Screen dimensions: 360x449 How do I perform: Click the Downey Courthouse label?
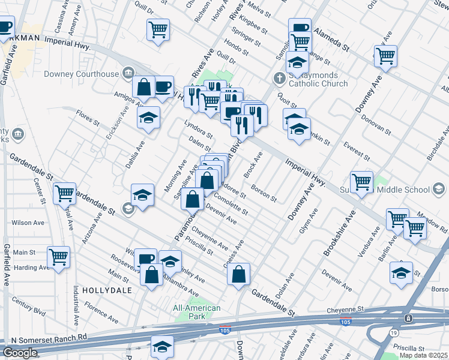point(82,74)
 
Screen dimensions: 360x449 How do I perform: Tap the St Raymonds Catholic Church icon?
point(279,78)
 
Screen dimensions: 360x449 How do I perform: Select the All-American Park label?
point(196,312)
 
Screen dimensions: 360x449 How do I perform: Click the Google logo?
point(20,353)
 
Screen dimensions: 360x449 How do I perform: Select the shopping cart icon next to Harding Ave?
point(59,257)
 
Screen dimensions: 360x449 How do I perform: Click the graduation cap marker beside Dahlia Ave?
point(148,118)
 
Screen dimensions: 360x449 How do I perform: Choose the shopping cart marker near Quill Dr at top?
point(158,28)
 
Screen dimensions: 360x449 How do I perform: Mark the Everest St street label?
point(356,151)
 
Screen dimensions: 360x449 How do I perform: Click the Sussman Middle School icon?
point(439,190)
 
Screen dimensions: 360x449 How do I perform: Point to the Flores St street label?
point(88,117)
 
